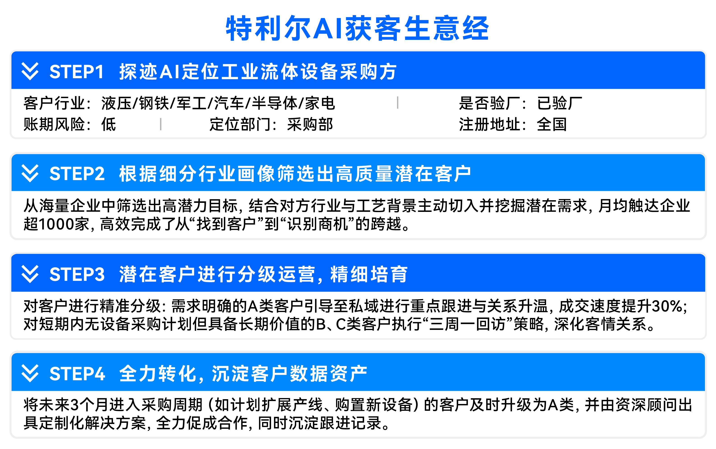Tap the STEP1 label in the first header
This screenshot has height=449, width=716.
click(76, 72)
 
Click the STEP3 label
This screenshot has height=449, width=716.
click(77, 274)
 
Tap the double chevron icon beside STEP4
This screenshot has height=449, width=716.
click(30, 373)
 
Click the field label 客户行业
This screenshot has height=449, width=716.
click(54, 103)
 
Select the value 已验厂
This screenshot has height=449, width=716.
click(559, 103)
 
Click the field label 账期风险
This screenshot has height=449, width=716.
click(54, 124)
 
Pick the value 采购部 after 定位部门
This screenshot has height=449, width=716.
click(310, 124)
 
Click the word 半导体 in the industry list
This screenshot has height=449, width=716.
click(274, 103)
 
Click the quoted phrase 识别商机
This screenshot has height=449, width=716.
click(318, 224)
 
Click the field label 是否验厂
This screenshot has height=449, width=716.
click(489, 103)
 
